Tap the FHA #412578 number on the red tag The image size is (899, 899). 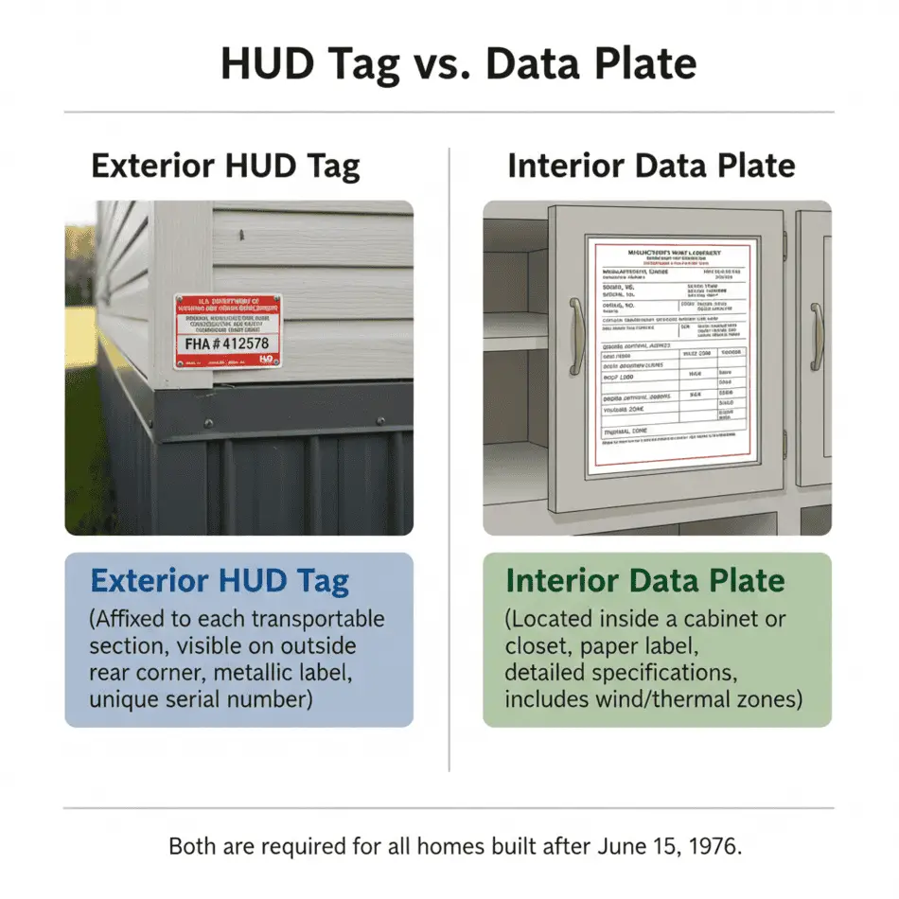pos(228,344)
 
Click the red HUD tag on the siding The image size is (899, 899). pos(227,330)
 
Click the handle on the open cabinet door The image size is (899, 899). pos(575,336)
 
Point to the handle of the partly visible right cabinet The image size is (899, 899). pos(816,336)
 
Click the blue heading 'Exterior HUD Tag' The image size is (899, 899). pos(220,581)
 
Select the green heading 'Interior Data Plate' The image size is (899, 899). pos(645,581)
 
